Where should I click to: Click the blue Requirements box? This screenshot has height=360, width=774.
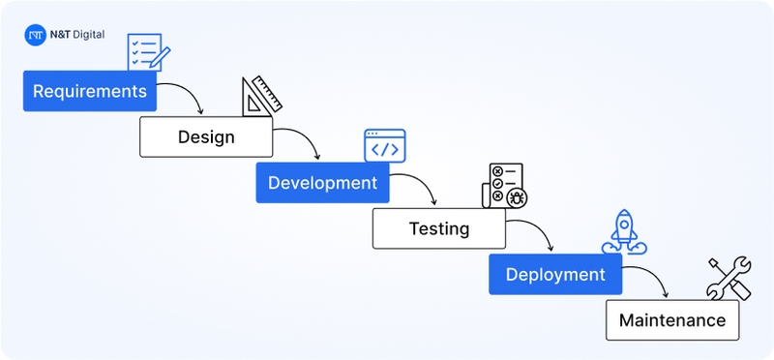click(x=90, y=91)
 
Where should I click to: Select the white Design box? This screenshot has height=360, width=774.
click(x=206, y=136)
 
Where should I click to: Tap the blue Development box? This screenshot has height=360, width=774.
click(x=322, y=182)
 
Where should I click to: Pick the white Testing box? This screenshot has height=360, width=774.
click(x=438, y=228)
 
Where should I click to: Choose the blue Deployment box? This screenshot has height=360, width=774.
click(x=554, y=274)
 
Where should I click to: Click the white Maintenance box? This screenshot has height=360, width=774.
click(x=671, y=319)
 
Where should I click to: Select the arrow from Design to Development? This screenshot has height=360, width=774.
click(x=301, y=140)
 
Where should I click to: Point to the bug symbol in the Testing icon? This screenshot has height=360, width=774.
click(x=516, y=197)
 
